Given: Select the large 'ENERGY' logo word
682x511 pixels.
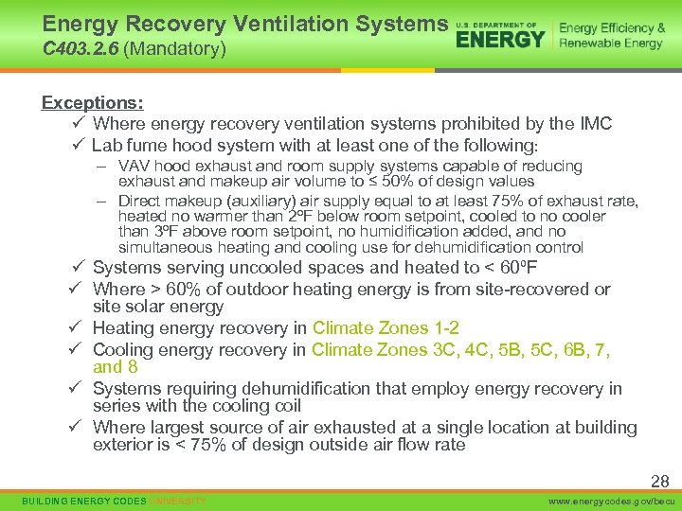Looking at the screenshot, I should pos(500,39).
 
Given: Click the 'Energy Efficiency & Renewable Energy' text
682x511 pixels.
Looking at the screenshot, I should pos(612,36).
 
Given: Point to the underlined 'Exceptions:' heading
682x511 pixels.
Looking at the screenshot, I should pos(92,102).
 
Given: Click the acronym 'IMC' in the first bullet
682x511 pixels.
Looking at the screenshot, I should pos(594,124).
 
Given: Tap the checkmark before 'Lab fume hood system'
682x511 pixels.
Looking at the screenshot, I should pos(79,145).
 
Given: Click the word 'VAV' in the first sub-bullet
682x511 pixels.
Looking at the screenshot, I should pos(134,167).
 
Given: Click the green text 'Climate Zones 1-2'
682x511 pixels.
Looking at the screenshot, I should pos(386,328).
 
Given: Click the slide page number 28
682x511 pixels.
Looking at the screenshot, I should pos(659,482).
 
